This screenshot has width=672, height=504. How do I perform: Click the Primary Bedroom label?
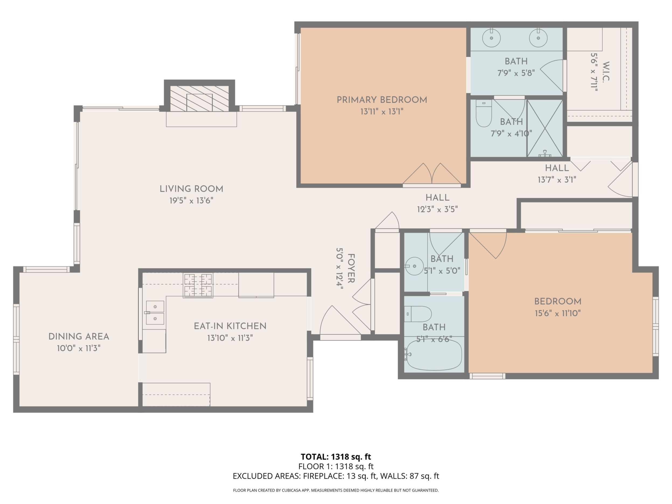pos(382,100)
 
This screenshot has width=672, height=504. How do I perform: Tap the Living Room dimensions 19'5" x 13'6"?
pos(191,201)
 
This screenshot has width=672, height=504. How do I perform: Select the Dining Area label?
pos(79,337)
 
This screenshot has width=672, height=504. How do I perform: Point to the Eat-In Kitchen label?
pos(230,326)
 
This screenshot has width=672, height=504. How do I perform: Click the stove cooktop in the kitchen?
pos(198,286)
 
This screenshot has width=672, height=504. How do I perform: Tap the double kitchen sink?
pos(155,313)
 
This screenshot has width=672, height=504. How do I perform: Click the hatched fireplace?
pos(199,99)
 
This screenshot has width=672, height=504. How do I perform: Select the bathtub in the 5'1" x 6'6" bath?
pos(434,355)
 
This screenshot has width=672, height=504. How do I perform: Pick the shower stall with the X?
pos(545,128)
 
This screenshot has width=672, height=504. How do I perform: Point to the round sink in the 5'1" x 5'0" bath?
pos(414,266)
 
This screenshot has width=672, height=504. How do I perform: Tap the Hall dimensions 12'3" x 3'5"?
pos(437,209)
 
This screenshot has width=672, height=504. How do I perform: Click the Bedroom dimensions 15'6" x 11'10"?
pos(558,313)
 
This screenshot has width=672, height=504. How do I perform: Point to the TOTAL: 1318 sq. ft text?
pos(336,457)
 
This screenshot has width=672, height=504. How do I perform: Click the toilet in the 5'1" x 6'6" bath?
pos(418,314)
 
